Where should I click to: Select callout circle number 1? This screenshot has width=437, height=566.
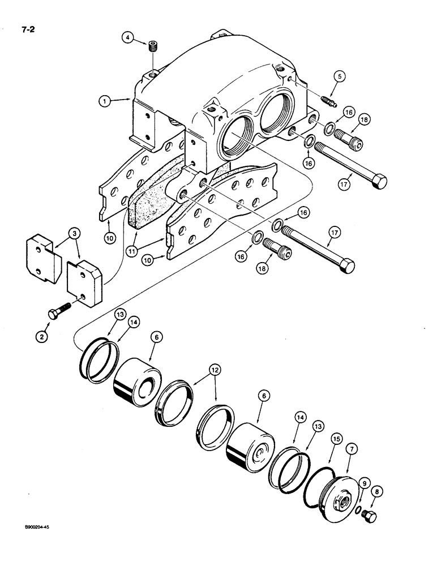click(103, 101)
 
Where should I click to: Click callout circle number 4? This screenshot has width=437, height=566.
click(128, 38)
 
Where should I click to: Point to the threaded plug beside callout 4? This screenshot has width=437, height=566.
click(152, 46)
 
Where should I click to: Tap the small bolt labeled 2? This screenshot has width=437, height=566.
click(61, 311)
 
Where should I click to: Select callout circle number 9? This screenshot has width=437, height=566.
click(365, 482)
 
